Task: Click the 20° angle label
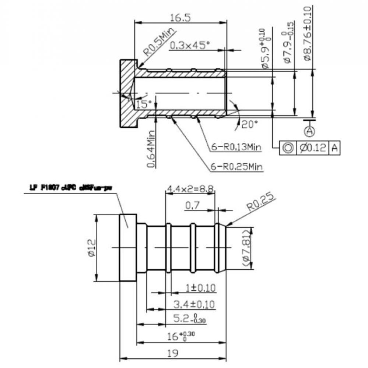(x=249, y=124)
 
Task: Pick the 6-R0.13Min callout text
(x=236, y=147)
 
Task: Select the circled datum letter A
(x=310, y=130)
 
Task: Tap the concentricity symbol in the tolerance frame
(x=288, y=148)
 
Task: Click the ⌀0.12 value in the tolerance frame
(x=313, y=148)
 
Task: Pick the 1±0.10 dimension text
(x=200, y=287)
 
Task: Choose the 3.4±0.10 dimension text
(x=194, y=304)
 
